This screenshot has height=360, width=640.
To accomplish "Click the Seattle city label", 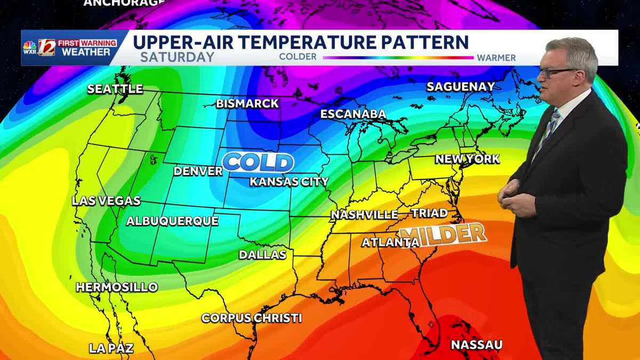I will click(115, 89).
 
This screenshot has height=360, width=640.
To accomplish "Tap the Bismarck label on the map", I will click(247, 103).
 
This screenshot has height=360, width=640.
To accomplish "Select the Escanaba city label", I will click(353, 114).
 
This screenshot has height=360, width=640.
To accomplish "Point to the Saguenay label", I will click(461, 86).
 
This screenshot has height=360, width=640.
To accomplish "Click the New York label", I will click(468, 159).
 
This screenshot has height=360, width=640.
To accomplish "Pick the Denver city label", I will click(198, 171).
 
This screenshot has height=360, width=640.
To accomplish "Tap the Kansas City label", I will click(289, 182).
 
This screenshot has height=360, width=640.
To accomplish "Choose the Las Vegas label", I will click(106, 201).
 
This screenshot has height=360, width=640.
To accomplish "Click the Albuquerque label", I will click(172, 221).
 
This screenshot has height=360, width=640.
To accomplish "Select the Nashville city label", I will click(364, 215).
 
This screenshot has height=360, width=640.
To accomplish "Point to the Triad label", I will click(429, 213).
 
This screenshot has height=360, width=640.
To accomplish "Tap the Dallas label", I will click(262, 255).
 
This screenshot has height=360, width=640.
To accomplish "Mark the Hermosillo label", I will click(117, 287).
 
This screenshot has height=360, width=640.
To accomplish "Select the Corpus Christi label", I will click(252, 318).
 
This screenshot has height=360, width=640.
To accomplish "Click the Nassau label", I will click(476, 345).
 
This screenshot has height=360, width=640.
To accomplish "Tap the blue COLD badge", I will click(258, 162).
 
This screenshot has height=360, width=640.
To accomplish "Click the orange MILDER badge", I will click(443, 234).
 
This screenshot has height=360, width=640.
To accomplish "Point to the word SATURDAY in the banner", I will click(177, 57).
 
